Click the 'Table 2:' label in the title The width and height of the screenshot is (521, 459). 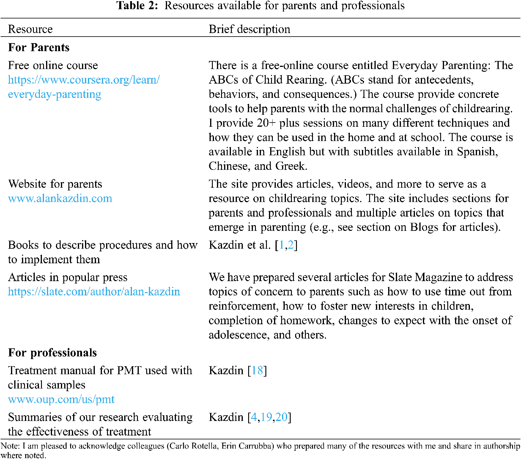[x=137, y=6]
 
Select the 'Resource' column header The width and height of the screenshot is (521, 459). [x=30, y=29]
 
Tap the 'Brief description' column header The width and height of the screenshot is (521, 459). [x=249, y=29]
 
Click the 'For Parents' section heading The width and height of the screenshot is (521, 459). [x=39, y=47]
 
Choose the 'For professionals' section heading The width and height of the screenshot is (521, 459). [x=52, y=353]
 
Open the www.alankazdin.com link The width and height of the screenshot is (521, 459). [x=60, y=198]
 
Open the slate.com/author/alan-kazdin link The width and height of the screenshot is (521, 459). [x=94, y=292]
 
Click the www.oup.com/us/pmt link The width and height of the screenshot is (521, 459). [x=61, y=399]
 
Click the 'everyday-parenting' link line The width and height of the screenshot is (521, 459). [x=54, y=94]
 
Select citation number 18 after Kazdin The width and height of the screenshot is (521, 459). [x=257, y=371]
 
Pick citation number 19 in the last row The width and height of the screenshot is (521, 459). [x=266, y=417]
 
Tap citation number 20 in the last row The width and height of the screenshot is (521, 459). [x=281, y=417]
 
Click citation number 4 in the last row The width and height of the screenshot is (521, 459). [x=254, y=417]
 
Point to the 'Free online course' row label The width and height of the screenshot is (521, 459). [x=53, y=65]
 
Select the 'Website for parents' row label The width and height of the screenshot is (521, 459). [x=55, y=184]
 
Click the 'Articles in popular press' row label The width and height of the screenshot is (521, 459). [x=67, y=277]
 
